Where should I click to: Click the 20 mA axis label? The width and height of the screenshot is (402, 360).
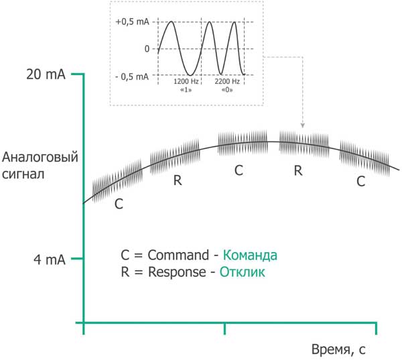coord(46,74)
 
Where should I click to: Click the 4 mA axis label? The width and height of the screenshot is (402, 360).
coord(50,259)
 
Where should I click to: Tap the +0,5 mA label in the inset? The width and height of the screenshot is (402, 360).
coord(132,22)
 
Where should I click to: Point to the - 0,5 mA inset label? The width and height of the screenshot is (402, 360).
coord(132,76)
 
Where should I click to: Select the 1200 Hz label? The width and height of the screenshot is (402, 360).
coord(186,82)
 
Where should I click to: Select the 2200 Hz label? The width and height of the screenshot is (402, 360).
coord(227,82)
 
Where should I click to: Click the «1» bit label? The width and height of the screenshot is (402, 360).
coord(186,90)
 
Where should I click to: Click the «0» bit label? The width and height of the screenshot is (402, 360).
coord(227,90)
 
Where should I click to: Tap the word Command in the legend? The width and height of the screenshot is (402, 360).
coord(178,255)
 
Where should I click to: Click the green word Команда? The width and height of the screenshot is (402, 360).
coord(250,255)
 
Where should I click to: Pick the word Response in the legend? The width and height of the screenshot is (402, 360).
coord(177,272)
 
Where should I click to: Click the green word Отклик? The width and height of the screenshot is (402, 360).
coord(243,272)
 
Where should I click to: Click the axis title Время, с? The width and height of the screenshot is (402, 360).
coord(338,350)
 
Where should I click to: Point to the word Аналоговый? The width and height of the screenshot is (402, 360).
coord(40,157)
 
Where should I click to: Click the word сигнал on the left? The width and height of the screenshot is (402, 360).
coord(23,174)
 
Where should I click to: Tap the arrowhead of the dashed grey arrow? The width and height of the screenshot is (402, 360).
coord(303,125)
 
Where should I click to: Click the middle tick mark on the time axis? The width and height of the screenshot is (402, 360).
coord(225,328)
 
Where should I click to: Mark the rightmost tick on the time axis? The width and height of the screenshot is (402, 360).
coord(376,328)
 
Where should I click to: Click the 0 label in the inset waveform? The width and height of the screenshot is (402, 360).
coord(147,49)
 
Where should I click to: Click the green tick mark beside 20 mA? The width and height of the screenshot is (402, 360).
coord(78,74)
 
